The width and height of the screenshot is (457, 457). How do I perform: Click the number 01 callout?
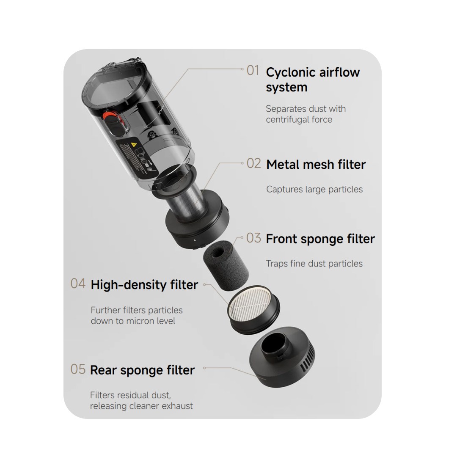click(253, 71)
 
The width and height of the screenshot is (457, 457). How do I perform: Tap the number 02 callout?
click(253, 164)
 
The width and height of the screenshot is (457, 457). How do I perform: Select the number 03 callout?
click(253, 238)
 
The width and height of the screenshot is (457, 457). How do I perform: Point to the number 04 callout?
click(78, 284)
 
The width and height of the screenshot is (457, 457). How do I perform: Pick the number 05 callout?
click(78, 369)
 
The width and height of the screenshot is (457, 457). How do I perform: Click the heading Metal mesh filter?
click(316, 165)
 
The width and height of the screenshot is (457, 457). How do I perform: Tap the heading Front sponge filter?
click(320, 239)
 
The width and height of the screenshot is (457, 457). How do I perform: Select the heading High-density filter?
click(144, 285)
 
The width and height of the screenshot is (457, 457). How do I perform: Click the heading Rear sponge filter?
click(142, 370)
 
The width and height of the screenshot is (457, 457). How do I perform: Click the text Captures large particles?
click(314, 190)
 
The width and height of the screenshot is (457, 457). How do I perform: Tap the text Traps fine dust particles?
click(314, 264)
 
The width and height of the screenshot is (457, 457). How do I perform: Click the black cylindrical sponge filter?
click(226, 264)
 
